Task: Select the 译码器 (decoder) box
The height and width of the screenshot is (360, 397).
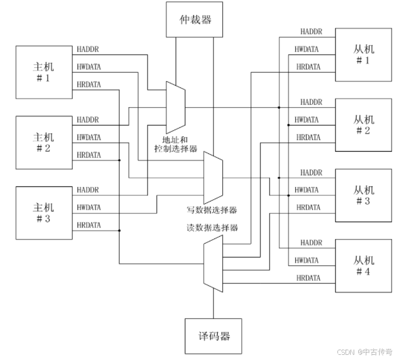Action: (213, 336)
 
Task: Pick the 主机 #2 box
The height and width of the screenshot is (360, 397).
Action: (43, 142)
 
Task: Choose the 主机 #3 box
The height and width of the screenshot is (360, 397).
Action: (43, 212)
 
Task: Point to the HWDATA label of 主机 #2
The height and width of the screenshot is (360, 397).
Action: (89, 138)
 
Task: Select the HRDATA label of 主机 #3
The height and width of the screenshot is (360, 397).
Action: (89, 225)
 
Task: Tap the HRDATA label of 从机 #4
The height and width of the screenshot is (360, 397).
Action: (308, 278)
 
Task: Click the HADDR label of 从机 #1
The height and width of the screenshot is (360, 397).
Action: (311, 31)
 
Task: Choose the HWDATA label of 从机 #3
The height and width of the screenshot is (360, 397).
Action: (307, 190)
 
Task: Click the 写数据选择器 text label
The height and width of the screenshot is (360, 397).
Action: (211, 210)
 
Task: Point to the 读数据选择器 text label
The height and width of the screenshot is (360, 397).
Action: (212, 227)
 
